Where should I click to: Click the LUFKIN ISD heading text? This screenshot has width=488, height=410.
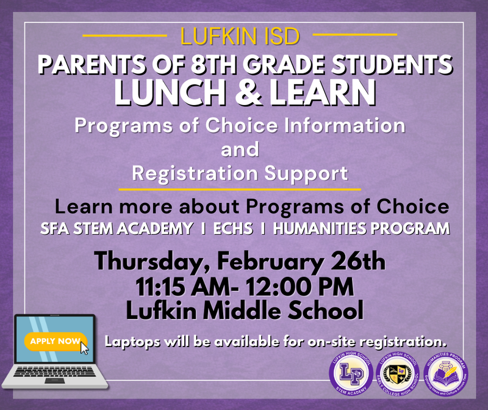240,37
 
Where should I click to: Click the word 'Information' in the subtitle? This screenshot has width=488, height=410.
345,126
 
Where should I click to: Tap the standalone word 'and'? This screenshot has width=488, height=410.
240,149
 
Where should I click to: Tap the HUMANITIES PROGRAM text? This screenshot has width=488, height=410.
362,229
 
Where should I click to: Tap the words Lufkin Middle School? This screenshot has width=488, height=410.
244,310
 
